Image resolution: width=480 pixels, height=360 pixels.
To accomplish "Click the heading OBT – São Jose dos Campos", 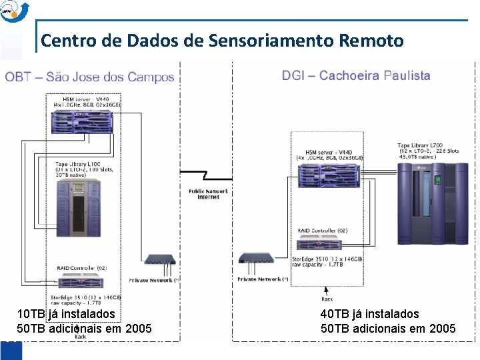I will tap(89, 77).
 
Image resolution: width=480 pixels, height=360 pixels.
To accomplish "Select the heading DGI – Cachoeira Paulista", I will tap(356, 75).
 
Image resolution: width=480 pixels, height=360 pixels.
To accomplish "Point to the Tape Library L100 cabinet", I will tap(79, 207).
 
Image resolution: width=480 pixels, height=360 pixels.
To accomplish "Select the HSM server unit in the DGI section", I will tap(330, 177).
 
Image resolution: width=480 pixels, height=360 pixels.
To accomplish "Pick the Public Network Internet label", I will tap(208, 194).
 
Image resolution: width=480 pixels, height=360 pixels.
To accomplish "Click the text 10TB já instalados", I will tap(66, 313).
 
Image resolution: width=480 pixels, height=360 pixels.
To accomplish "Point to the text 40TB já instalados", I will tap(370, 313).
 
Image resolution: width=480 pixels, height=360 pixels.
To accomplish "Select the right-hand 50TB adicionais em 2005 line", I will tap(388, 328).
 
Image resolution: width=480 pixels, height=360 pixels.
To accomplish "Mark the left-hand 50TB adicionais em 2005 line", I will tap(84, 328).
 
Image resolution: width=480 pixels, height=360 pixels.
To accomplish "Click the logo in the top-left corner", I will tap(15, 10).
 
